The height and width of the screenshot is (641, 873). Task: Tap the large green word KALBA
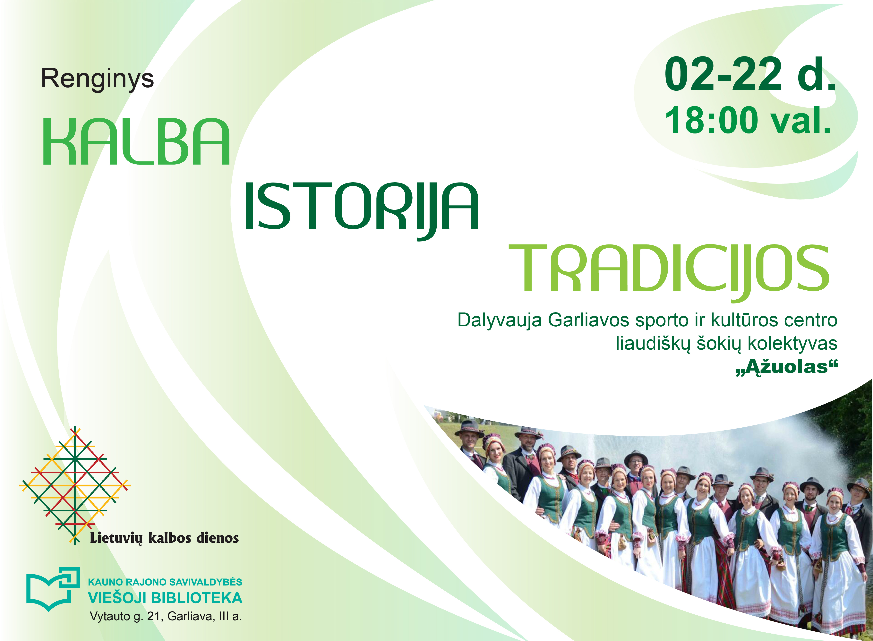click(x=136, y=142)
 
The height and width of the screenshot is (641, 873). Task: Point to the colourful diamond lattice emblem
click(x=75, y=485)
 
